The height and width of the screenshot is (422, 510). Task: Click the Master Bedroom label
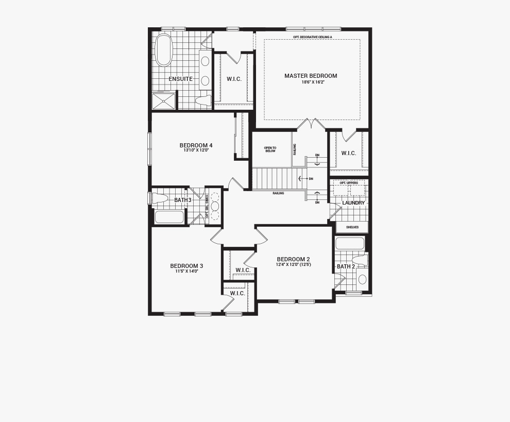click(311, 76)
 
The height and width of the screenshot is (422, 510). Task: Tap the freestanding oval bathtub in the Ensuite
click(163, 50)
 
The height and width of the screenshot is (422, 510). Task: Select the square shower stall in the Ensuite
click(164, 100)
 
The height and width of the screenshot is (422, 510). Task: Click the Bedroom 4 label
click(196, 145)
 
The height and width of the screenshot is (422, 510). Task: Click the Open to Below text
click(270, 149)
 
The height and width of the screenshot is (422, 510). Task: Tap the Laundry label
click(353, 203)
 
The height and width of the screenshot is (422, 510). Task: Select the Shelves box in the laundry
click(352, 227)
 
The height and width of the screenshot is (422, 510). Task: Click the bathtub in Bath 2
click(350, 243)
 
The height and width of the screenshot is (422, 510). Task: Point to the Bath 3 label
click(182, 200)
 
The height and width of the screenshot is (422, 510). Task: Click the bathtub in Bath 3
click(169, 217)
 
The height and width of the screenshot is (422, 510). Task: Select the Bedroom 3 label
click(186, 266)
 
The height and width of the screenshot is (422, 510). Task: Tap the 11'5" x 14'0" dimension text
click(186, 271)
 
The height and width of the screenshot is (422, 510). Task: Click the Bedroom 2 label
click(293, 259)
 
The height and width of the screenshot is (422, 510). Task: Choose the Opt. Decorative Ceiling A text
click(312, 37)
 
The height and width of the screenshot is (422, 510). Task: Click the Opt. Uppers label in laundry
click(348, 183)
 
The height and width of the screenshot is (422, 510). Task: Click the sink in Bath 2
click(362, 279)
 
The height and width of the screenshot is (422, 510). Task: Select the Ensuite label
click(180, 79)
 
